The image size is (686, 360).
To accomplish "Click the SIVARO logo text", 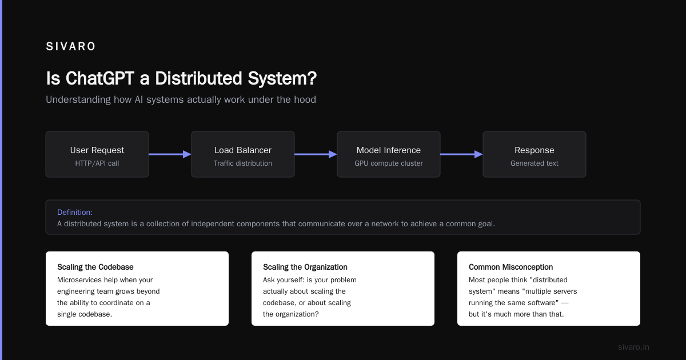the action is (71, 46).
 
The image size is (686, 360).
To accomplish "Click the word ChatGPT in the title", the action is (100, 78).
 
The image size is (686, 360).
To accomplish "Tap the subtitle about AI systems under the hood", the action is (181, 100).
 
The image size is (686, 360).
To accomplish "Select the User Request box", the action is (97, 154).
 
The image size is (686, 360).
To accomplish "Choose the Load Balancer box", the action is (243, 154).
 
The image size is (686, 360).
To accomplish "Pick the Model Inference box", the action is (389, 154).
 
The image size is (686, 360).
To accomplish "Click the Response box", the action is (535, 154).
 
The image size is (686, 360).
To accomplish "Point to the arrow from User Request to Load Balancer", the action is (170, 154).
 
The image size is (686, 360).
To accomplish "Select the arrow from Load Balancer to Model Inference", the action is (316, 154).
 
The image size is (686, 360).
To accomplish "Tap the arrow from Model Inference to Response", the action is (461, 154).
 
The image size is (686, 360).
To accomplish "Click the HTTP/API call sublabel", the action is (97, 163).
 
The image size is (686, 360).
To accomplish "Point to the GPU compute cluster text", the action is (389, 163).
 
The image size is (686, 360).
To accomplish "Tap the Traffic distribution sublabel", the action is (243, 163).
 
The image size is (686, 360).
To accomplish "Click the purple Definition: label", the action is (75, 212).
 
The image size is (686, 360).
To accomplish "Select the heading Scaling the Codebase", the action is (95, 267).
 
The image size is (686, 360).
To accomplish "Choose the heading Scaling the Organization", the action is (305, 267).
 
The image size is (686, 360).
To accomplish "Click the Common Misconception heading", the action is (511, 267).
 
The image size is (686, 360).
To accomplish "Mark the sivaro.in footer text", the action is (633, 347).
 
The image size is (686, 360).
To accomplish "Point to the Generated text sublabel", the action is (535, 163).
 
